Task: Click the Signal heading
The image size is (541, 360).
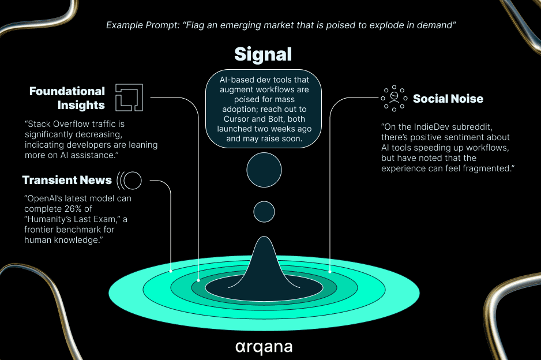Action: tap(263, 55)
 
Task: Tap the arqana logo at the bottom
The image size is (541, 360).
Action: tap(264, 347)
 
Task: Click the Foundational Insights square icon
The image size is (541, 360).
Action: tap(129, 97)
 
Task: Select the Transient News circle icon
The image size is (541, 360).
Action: tap(129, 181)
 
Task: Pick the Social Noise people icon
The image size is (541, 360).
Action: tap(394, 99)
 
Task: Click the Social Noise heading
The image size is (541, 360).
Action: tap(448, 99)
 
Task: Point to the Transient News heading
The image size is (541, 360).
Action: tap(67, 180)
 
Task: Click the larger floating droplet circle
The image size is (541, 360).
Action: tap(264, 170)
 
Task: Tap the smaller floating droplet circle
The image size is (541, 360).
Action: tap(264, 212)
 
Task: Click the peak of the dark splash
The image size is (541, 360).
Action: tap(264, 237)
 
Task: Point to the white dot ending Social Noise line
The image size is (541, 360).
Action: tap(330, 272)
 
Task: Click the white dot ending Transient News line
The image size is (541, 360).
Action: tap(171, 271)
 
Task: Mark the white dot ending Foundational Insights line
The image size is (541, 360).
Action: tap(198, 280)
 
